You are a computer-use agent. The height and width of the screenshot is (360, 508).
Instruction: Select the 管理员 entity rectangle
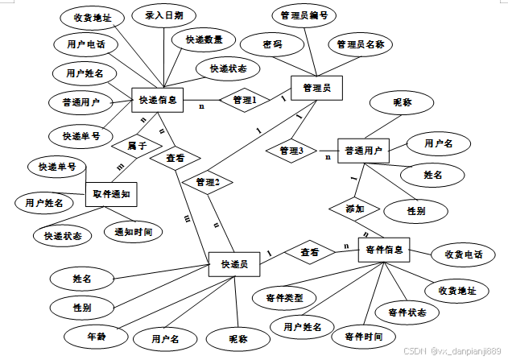(x=316, y=87)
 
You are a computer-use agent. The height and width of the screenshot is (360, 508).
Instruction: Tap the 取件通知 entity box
(x=112, y=194)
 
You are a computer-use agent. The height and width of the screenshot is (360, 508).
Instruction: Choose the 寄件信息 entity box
(x=384, y=251)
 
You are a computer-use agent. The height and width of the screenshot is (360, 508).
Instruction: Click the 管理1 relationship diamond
(x=244, y=101)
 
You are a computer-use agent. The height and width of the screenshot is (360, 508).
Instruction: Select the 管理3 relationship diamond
(x=291, y=151)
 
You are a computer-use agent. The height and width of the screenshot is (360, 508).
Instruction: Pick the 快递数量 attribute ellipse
(x=209, y=39)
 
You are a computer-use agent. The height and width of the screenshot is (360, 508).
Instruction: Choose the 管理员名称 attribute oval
(x=360, y=44)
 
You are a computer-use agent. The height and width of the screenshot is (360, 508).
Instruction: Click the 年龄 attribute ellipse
(x=97, y=332)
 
